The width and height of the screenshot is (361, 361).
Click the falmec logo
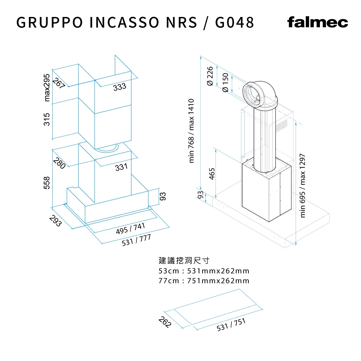[x=317, y=22]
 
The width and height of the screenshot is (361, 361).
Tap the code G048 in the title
[x=235, y=22]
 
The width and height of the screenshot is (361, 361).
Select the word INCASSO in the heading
[x=124, y=22]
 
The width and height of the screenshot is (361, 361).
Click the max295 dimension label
[x=47, y=87]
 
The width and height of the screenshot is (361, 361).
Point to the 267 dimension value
[x=59, y=83]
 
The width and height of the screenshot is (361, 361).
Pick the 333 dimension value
[x=119, y=87]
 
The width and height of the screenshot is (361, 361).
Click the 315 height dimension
[x=47, y=119]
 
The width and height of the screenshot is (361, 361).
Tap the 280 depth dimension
[x=60, y=163]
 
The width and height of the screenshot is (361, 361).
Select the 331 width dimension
[x=121, y=167]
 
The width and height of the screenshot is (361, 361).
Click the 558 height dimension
[x=47, y=183]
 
